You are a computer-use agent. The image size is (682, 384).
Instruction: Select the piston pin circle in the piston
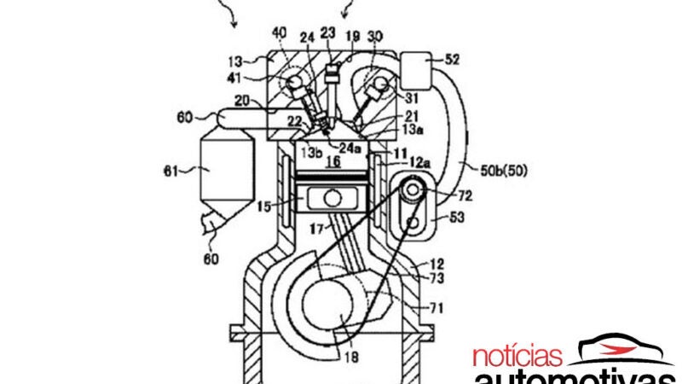click(332, 198)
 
